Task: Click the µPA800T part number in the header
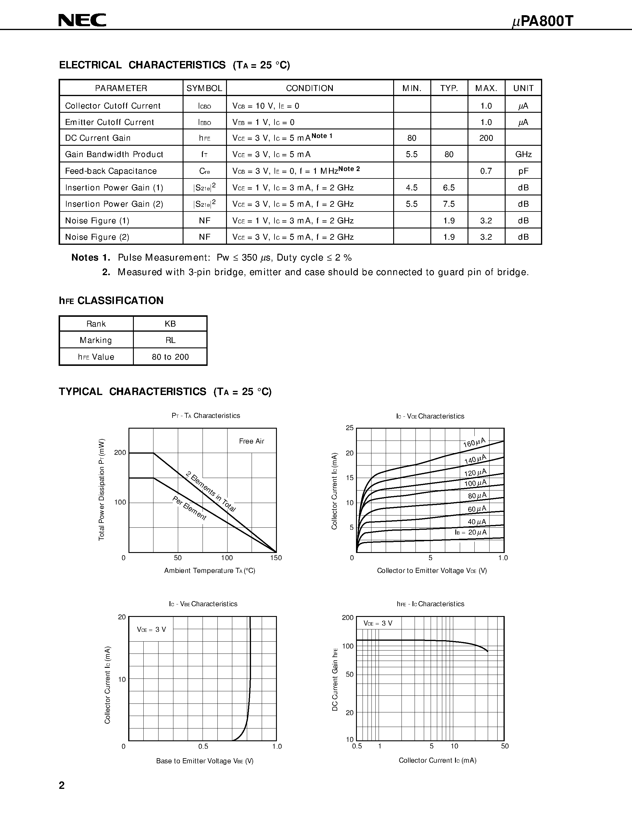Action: [542, 22]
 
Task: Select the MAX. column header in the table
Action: [486, 88]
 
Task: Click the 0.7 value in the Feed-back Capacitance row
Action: [486, 171]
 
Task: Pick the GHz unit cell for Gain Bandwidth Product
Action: [523, 154]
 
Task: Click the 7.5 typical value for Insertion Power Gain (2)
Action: [448, 204]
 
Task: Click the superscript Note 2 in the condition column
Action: [349, 169]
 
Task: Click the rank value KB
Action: [170, 324]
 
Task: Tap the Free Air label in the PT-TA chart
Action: [251, 441]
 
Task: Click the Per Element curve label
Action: [189, 508]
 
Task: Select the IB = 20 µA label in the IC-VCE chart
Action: [471, 532]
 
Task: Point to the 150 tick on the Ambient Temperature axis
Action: [276, 558]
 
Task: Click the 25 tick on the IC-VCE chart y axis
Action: [349, 428]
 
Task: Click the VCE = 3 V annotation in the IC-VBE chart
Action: [151, 630]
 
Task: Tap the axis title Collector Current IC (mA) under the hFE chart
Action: [437, 760]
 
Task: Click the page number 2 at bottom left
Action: [62, 785]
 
